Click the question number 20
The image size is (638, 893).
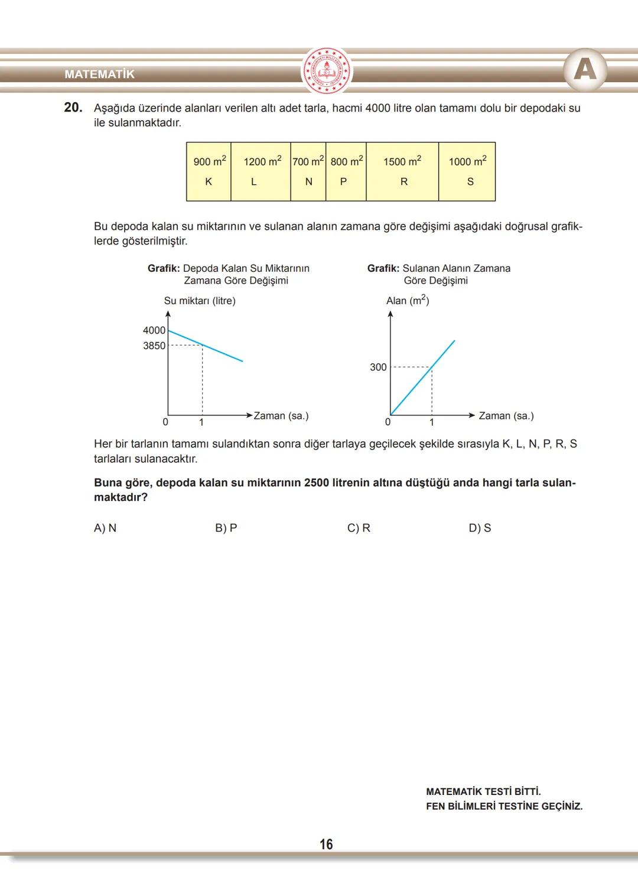(73, 107)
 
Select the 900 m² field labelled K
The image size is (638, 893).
(209, 171)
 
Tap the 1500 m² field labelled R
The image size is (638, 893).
(402, 171)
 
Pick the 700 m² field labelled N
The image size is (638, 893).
(308, 171)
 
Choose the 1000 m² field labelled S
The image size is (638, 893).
(467, 171)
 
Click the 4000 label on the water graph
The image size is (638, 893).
(154, 330)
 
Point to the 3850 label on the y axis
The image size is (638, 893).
(154, 346)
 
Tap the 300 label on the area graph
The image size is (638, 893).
(378, 367)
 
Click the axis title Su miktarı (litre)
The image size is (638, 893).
(200, 301)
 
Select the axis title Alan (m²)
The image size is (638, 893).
(408, 301)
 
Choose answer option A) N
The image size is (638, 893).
(105, 528)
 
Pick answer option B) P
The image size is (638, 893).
(226, 528)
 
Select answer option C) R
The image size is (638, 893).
(359, 528)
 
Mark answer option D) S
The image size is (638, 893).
(480, 528)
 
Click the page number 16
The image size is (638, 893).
(326, 844)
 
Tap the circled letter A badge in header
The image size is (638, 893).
(585, 70)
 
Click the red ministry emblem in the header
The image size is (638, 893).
(326, 71)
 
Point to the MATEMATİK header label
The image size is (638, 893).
(99, 74)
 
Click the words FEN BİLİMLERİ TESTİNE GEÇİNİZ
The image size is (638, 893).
(504, 806)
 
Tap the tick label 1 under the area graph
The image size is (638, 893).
(431, 422)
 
